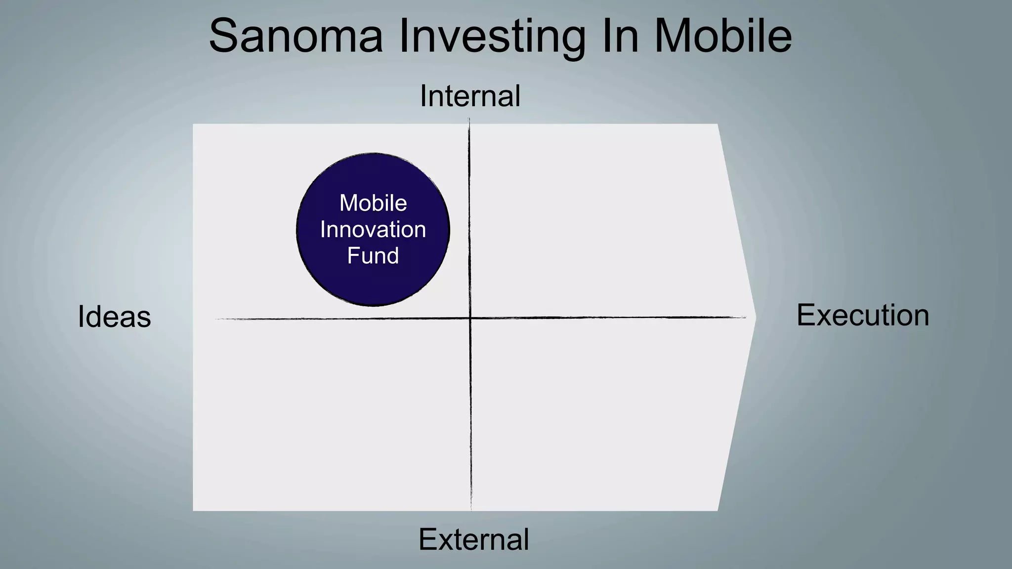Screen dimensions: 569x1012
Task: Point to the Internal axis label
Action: click(470, 96)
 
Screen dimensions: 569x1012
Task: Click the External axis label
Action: click(473, 539)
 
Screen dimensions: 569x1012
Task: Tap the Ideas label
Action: click(114, 317)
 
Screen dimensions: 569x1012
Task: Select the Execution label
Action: click(863, 315)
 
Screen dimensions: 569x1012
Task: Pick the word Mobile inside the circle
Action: click(373, 203)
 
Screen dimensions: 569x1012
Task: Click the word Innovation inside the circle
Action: click(373, 230)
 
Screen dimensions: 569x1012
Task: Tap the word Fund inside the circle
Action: click(373, 256)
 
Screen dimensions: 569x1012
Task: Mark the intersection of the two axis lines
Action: click(470, 318)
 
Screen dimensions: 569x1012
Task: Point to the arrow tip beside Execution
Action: click(755, 318)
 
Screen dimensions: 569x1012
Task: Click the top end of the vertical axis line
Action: click(469, 119)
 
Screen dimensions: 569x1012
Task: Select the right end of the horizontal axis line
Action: click(745, 318)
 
